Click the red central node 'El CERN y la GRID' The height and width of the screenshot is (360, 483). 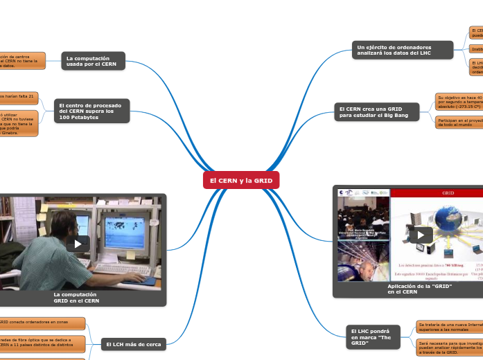click(x=241, y=180)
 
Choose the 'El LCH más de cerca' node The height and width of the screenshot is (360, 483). click(x=134, y=344)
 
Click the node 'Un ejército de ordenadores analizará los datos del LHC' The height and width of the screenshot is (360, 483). click(x=403, y=49)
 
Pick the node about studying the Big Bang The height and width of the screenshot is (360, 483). click(x=377, y=111)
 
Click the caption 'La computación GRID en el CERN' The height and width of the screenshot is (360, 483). click(x=76, y=298)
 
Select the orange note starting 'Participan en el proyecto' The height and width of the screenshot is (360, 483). click(x=458, y=123)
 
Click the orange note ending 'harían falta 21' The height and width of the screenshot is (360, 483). click(x=19, y=96)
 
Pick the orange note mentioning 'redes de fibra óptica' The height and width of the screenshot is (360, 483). click(x=42, y=343)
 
